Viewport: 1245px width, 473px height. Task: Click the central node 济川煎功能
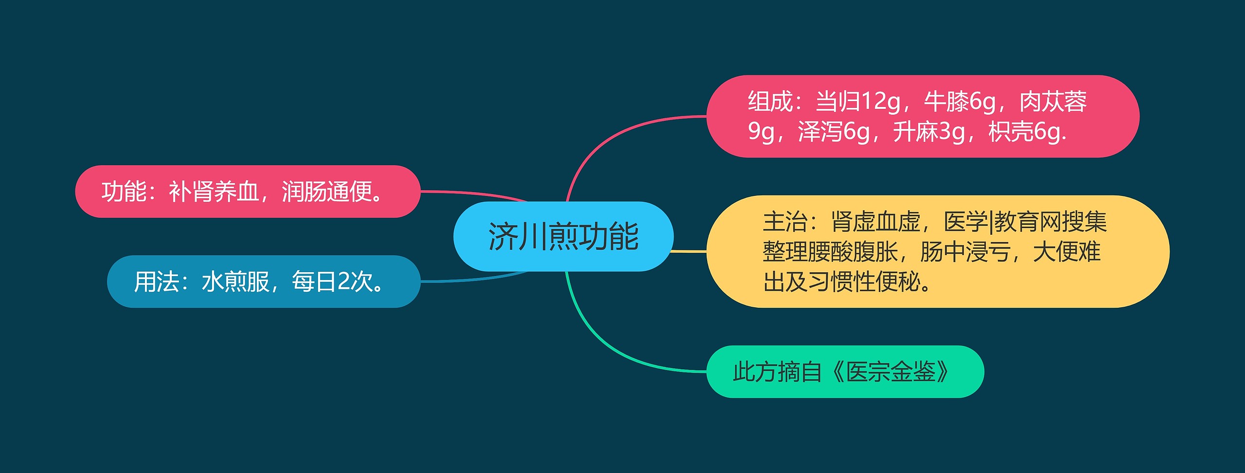click(x=563, y=236)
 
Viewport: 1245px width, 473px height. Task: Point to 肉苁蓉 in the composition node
click(x=1053, y=102)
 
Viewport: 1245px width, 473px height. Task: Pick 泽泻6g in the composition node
click(x=834, y=132)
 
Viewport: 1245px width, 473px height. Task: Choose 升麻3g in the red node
click(x=929, y=132)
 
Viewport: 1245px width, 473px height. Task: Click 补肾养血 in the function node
click(x=214, y=192)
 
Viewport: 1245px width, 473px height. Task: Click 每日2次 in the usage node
click(x=333, y=281)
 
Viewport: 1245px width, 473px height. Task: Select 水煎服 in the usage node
click(x=235, y=281)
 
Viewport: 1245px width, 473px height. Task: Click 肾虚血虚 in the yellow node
click(x=876, y=222)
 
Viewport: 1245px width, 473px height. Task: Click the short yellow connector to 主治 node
click(x=689, y=251)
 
